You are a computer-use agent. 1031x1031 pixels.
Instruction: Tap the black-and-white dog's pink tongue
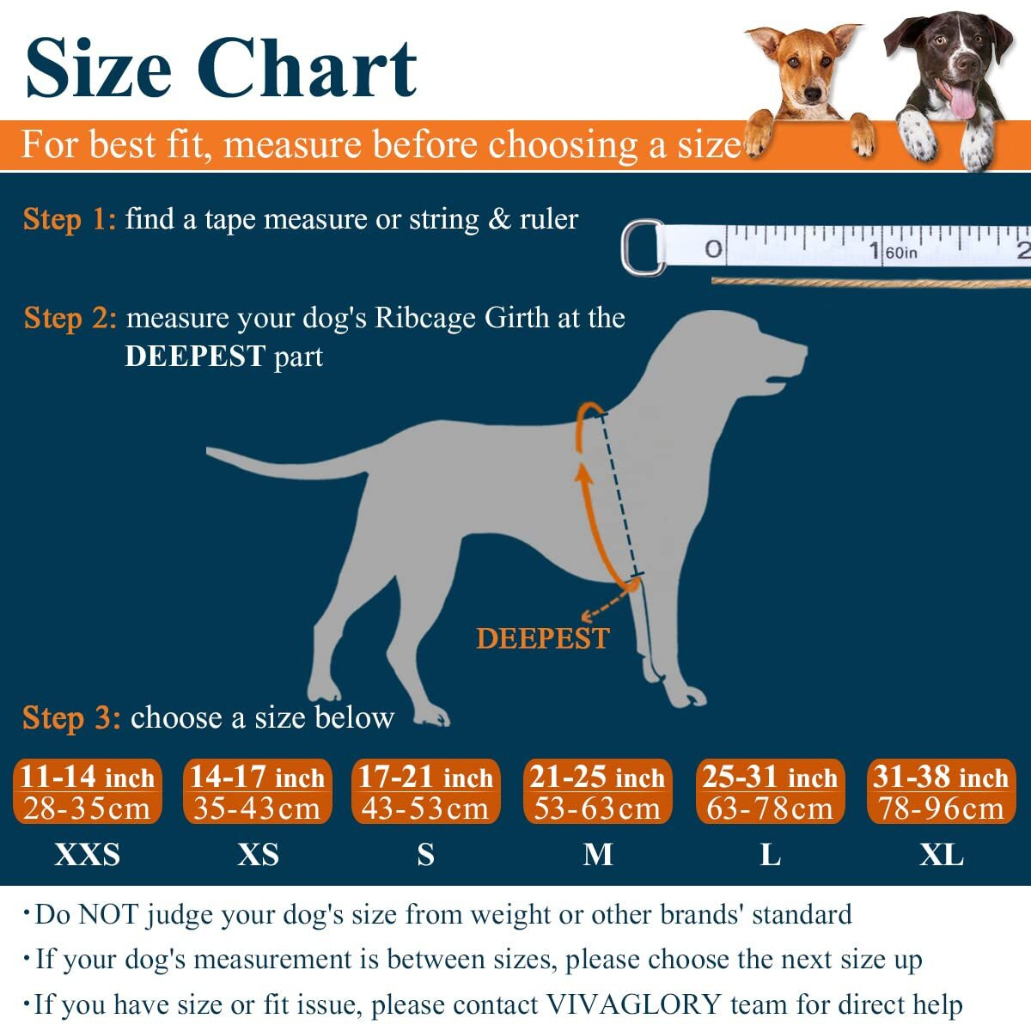pyautogui.click(x=961, y=101)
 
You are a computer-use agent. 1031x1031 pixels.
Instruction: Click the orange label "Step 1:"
pyautogui.click(x=69, y=220)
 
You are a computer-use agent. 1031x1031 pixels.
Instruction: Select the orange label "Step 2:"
pyautogui.click(x=70, y=319)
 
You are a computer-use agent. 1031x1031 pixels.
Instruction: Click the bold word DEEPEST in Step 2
pyautogui.click(x=195, y=357)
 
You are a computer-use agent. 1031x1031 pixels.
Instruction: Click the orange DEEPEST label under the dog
pyautogui.click(x=543, y=638)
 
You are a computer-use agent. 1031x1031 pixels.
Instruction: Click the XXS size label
pyautogui.click(x=87, y=855)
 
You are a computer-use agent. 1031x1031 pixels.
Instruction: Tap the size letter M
pyautogui.click(x=598, y=855)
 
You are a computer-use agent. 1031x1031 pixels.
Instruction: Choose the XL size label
pyautogui.click(x=942, y=855)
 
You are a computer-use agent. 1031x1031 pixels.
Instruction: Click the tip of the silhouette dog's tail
pyautogui.click(x=210, y=450)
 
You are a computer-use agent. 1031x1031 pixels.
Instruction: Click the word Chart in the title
pyautogui.click(x=308, y=69)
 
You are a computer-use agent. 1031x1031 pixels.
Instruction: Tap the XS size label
pyautogui.click(x=258, y=855)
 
